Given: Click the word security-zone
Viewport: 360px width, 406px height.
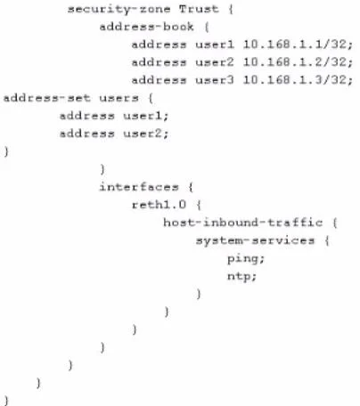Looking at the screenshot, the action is coord(119,9).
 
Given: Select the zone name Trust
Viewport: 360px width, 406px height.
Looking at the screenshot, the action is coord(199,9).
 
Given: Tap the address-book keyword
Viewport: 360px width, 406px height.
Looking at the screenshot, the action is coord(147,27).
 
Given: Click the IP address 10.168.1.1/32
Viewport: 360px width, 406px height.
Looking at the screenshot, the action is coord(298,45).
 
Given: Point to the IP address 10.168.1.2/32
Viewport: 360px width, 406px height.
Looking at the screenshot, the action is coord(298,62).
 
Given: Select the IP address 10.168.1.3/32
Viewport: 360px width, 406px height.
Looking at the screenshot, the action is coord(298,80).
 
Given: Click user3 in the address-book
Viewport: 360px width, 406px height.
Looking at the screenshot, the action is coord(215,80).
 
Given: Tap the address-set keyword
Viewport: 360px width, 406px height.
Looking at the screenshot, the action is coord(47,98).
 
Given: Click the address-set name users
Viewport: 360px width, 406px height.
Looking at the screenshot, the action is coord(119,98).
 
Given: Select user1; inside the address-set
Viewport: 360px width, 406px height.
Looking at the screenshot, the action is coord(146,116).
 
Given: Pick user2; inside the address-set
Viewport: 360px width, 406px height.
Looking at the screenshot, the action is coord(146,134).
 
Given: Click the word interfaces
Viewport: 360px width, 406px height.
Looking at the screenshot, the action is coord(139,187).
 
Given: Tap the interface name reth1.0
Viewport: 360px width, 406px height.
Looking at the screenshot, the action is coord(160,205).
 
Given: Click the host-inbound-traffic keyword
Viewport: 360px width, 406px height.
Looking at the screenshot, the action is coord(243,223).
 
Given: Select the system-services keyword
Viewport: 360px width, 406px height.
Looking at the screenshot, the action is coord(255,240).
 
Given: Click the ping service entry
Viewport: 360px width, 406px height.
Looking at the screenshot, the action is coord(246,259).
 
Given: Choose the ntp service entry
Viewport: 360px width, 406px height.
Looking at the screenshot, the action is coord(241,277).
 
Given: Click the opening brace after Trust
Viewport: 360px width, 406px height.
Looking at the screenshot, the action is coord(231,9).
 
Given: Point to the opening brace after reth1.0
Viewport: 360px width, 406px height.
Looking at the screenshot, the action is coord(199,205).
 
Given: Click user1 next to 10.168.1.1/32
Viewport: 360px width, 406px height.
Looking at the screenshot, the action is coord(215,45).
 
